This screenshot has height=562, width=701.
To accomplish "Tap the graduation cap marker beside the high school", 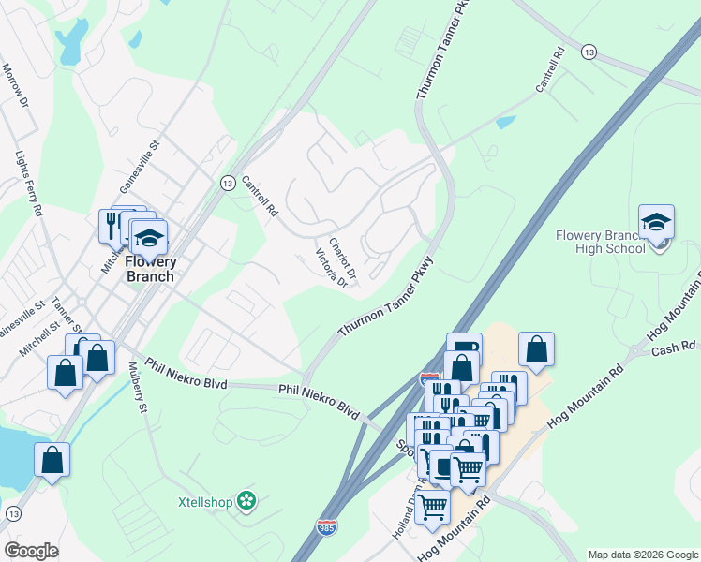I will click(656, 223).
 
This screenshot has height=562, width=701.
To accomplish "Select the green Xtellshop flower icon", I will click(246, 502).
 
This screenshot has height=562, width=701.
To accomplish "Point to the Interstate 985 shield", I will click(326, 529).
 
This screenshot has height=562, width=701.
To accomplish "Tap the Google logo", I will click(32, 550).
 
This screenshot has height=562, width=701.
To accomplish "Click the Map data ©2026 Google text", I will click(642, 555).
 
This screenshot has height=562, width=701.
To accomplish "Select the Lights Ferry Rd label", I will click(29, 184).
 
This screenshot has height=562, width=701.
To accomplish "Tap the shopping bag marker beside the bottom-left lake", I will click(52, 460).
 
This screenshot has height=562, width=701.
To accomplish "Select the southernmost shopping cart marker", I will click(433, 506).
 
